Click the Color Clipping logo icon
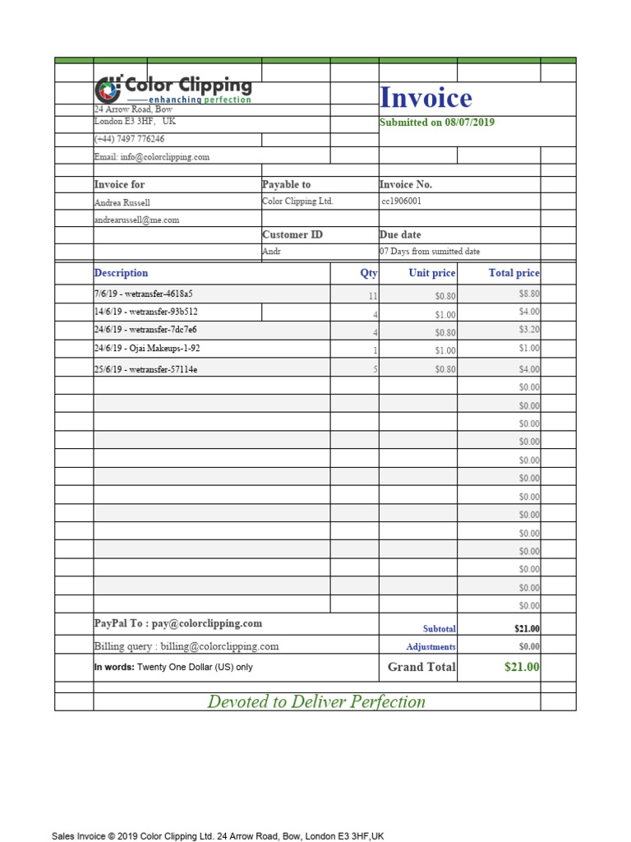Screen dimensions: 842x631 tap(108, 89)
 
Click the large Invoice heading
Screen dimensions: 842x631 tap(426, 99)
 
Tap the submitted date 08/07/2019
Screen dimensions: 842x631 tap(470, 123)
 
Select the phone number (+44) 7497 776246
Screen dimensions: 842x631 tap(129, 139)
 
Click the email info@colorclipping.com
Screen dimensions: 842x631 tap(152, 156)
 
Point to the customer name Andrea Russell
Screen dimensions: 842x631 tap(122, 202)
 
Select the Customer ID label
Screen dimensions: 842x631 tap(292, 234)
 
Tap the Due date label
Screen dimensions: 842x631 tap(400, 234)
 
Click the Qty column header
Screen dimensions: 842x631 tap(368, 273)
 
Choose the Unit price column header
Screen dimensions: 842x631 tap(431, 273)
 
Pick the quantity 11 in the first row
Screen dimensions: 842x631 tap(372, 295)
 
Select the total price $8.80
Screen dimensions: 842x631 tap(528, 294)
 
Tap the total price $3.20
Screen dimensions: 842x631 tap(528, 330)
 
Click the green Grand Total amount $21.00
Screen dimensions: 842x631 tap(522, 667)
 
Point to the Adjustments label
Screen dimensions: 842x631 tap(431, 647)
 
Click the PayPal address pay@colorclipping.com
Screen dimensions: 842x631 tap(207, 624)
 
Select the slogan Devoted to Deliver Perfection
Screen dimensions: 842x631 tap(316, 701)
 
